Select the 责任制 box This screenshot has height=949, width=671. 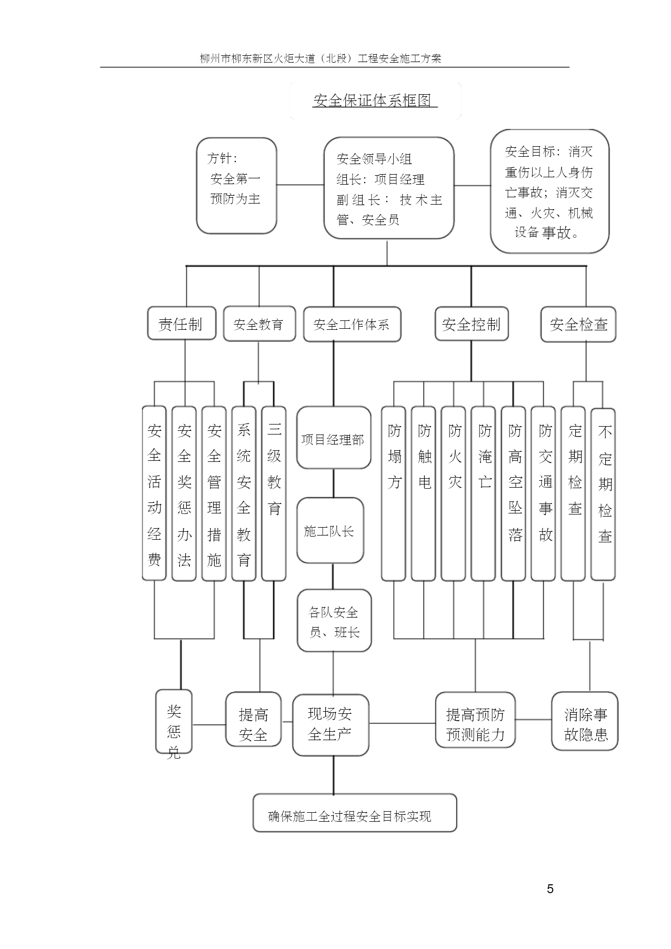[182, 324]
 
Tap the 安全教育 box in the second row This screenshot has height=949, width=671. [259, 324]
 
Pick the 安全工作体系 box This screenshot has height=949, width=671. [352, 325]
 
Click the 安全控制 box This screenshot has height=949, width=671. [472, 324]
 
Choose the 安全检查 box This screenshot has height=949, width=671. [578, 325]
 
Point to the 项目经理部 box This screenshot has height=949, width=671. [334, 438]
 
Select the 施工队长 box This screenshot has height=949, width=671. [330, 531]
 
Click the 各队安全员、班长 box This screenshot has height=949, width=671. [334, 621]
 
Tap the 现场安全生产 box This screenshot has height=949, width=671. [331, 725]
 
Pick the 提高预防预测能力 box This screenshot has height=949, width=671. [475, 720]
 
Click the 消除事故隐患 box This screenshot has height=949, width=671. [585, 721]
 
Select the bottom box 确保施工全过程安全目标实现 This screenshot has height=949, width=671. [355, 813]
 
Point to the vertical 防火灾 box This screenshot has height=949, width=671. [454, 493]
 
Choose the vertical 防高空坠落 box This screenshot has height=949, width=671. [514, 493]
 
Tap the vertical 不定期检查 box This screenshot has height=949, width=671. [603, 494]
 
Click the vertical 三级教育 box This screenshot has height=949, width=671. [274, 493]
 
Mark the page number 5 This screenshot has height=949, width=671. [550, 889]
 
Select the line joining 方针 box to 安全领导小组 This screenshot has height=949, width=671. [301, 185]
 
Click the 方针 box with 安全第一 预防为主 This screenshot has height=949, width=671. [237, 186]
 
